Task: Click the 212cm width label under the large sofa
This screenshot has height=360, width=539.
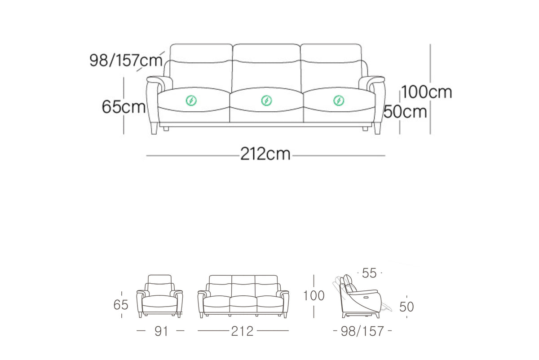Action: click(x=265, y=154)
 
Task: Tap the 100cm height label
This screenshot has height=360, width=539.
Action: click(x=427, y=92)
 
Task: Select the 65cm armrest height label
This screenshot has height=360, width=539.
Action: click(x=124, y=106)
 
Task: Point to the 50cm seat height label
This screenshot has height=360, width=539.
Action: click(x=405, y=112)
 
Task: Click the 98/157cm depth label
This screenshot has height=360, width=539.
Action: click(x=126, y=60)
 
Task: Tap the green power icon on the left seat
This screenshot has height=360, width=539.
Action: click(x=191, y=100)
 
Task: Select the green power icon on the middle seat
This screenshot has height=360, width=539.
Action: click(x=267, y=100)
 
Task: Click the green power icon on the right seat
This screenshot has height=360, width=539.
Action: click(x=339, y=101)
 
